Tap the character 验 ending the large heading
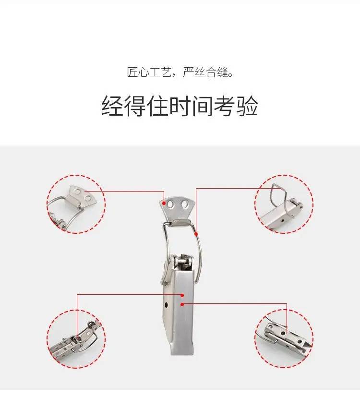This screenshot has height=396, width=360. (x=247, y=106)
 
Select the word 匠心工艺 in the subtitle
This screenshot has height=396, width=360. (x=148, y=72)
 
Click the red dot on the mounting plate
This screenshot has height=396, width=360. (x=164, y=203)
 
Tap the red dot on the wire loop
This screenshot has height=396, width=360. (x=196, y=234)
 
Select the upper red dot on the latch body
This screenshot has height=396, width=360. (x=182, y=295)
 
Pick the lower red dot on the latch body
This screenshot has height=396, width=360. (x=182, y=305)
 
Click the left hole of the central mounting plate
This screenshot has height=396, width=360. (x=170, y=204)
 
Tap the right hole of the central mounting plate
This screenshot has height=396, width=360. (x=185, y=204)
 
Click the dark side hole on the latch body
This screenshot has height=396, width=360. (x=166, y=305)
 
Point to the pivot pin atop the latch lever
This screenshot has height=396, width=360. (x=184, y=262)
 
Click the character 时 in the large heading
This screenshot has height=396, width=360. (x=180, y=106)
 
